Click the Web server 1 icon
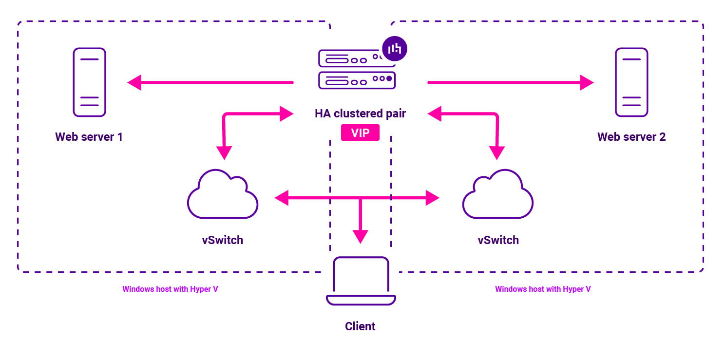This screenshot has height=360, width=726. pyautogui.click(x=89, y=82)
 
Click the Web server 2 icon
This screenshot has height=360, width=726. pyautogui.click(x=631, y=82)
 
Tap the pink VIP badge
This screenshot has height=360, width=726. pyautogui.click(x=360, y=133)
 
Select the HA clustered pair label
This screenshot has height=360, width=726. pyautogui.click(x=360, y=114)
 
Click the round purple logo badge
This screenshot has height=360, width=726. pyautogui.click(x=394, y=48)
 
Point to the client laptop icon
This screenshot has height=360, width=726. pyautogui.click(x=361, y=281)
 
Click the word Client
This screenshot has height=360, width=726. pyautogui.click(x=360, y=326)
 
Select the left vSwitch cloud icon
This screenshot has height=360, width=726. pyautogui.click(x=223, y=194)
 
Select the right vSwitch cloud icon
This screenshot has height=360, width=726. pyautogui.click(x=497, y=194)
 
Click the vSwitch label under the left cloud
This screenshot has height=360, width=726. pyautogui.click(x=222, y=240)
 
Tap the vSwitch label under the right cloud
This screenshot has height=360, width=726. pyautogui.click(x=498, y=240)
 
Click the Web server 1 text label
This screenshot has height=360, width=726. pyautogui.click(x=89, y=137)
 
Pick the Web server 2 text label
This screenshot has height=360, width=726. pyautogui.click(x=631, y=137)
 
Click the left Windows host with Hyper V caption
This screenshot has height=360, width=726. pyautogui.click(x=170, y=289)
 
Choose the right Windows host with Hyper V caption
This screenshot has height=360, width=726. pyautogui.click(x=543, y=289)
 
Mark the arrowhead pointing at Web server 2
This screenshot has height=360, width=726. pyautogui.click(x=587, y=82)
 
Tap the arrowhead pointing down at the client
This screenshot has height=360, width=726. pyautogui.click(x=360, y=237)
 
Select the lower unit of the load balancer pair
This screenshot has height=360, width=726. pyautogui.click(x=357, y=80)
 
